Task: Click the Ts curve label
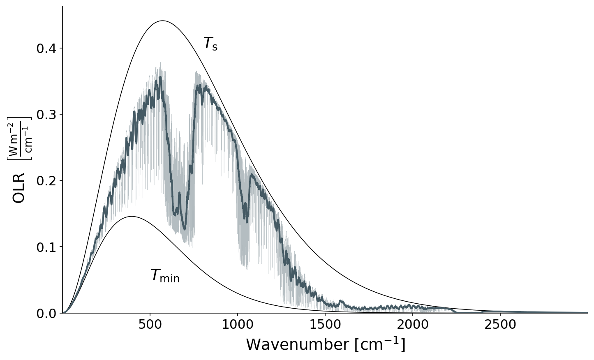[210, 44]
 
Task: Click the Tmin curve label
[165, 275]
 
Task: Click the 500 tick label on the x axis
[150, 325]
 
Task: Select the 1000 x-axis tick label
[237, 325]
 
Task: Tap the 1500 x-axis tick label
[325, 325]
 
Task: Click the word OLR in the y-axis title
[19, 188]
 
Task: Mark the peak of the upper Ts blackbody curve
[163, 21]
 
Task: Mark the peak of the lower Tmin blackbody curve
[132, 216]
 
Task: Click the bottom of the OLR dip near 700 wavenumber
[185, 229]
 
